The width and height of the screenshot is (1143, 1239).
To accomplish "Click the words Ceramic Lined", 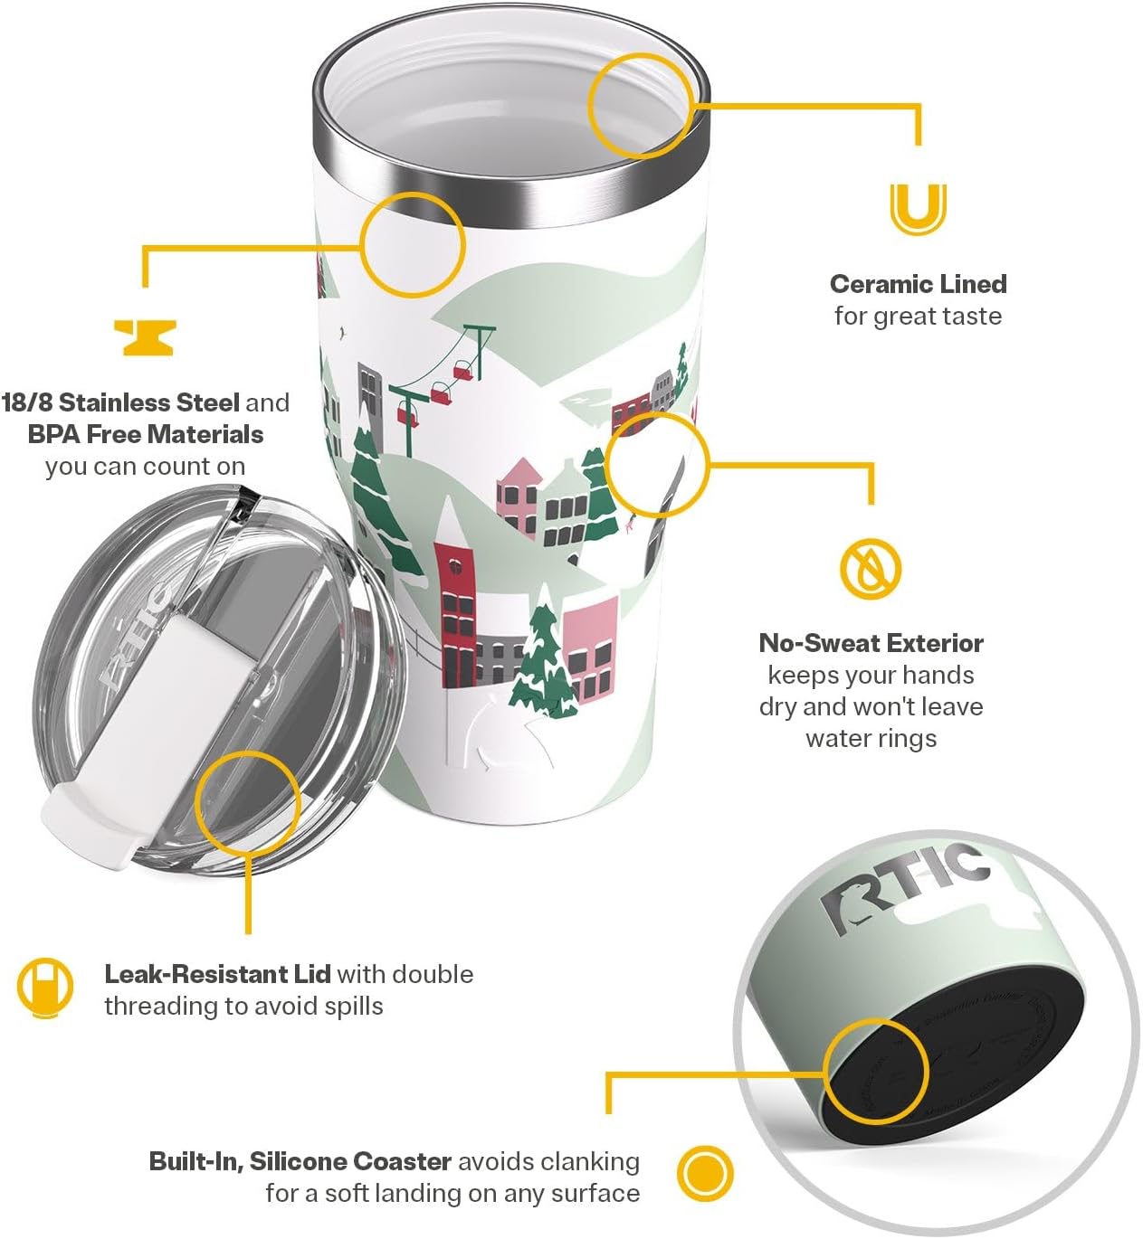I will pyautogui.click(x=918, y=284).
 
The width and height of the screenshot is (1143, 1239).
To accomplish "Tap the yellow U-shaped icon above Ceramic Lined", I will pyautogui.click(x=918, y=209).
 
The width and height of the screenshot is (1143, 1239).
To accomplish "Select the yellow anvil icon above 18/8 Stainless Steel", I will pyautogui.click(x=145, y=337).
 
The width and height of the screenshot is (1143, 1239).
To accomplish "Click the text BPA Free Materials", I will pyautogui.click(x=146, y=434).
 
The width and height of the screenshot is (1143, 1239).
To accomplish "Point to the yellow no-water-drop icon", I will pyautogui.click(x=870, y=569).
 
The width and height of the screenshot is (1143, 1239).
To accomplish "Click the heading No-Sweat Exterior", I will pyautogui.click(x=871, y=643).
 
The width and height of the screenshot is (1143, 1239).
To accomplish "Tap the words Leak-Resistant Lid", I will pyautogui.click(x=217, y=974).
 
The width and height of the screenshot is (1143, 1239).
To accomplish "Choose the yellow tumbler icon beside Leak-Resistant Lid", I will pyautogui.click(x=45, y=988).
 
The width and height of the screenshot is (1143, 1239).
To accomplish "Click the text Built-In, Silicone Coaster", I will pyautogui.click(x=300, y=1161).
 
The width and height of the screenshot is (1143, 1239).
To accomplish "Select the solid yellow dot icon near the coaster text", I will pyautogui.click(x=705, y=1174).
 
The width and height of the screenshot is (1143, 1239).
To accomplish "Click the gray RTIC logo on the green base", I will pyautogui.click(x=905, y=886).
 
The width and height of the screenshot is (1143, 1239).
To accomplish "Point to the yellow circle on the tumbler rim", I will pyautogui.click(x=641, y=105).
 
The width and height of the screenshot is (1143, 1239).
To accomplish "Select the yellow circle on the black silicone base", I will pyautogui.click(x=876, y=1071).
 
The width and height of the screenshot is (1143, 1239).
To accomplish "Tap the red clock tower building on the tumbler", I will pyautogui.click(x=455, y=615).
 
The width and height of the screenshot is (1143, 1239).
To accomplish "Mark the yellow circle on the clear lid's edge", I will pyautogui.click(x=247, y=800).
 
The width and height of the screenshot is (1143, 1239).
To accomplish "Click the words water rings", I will pyautogui.click(x=871, y=738).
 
